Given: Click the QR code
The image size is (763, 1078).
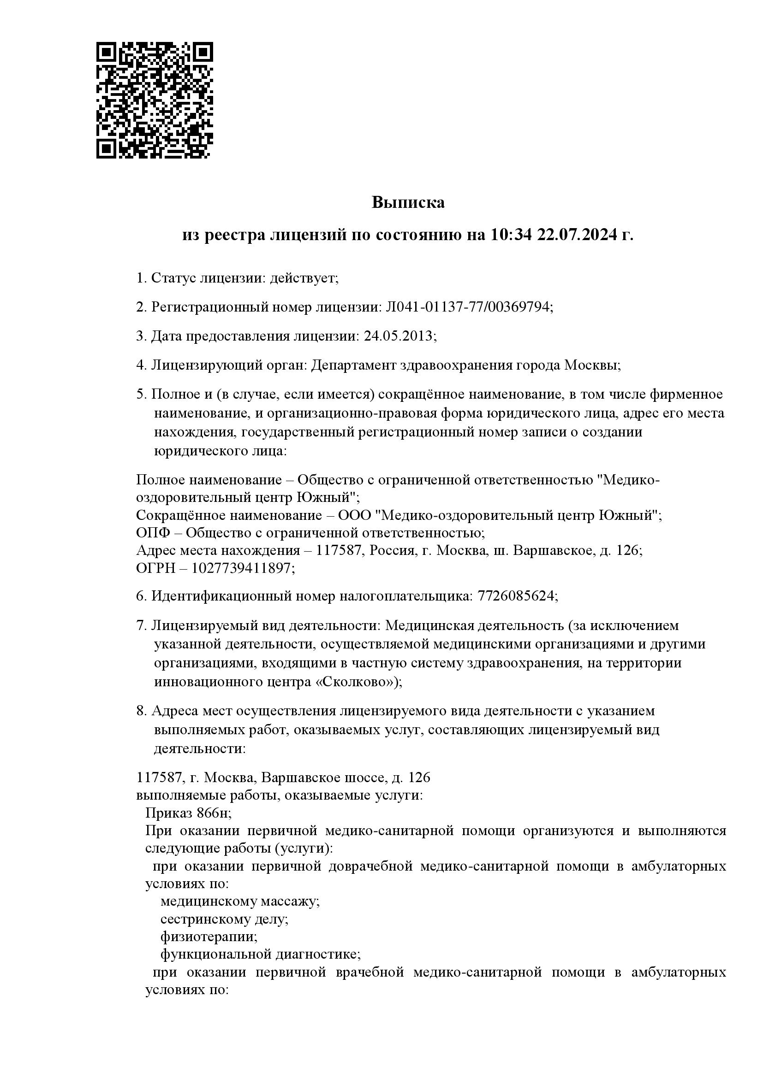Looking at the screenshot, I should point(155,100).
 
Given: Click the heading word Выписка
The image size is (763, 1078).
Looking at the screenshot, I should point(408,203).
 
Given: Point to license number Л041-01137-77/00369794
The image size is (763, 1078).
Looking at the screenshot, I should point(467,307).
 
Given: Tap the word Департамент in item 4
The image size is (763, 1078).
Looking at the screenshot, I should point(353,365).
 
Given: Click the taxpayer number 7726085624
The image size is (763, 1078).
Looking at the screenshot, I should point(515,596).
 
